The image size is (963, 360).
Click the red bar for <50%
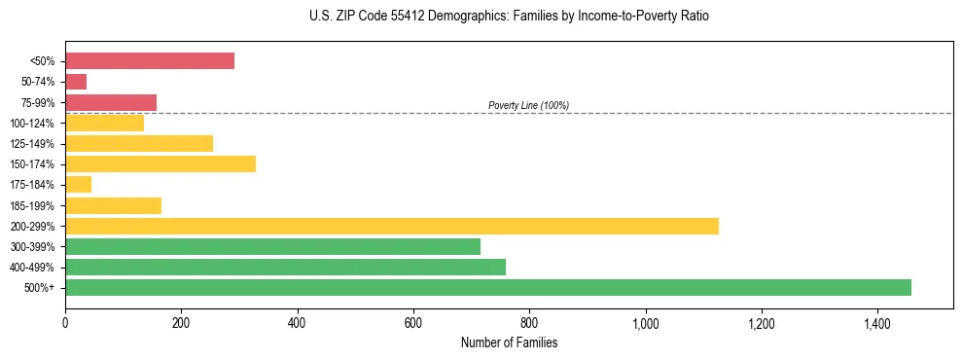tap(150, 61)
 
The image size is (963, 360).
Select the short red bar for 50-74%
tap(76, 82)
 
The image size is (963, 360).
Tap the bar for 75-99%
tap(111, 102)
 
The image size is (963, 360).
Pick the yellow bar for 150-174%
tap(160, 163)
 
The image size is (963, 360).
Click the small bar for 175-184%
tap(78, 184)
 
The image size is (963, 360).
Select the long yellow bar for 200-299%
tap(392, 226)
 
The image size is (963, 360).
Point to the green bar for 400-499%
tap(285, 267)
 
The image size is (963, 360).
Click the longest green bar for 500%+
tap(488, 287)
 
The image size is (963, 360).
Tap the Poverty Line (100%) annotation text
tap(528, 105)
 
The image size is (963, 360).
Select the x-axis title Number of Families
tap(509, 342)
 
